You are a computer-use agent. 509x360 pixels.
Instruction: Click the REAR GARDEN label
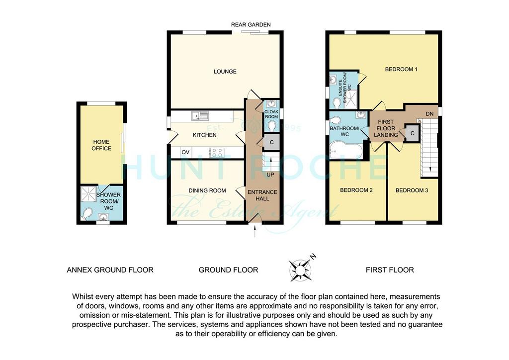tap(251, 25)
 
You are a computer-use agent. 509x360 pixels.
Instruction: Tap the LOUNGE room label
tap(225, 72)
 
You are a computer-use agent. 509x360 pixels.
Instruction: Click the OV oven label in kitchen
tap(185, 152)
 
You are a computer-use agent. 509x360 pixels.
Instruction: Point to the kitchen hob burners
tap(217, 152)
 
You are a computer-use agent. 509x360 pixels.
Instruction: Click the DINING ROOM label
tap(207, 190)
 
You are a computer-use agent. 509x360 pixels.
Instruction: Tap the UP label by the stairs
tap(270, 175)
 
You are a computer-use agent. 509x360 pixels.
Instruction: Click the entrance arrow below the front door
tap(254, 231)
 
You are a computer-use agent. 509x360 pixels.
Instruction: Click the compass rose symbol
tap(300, 270)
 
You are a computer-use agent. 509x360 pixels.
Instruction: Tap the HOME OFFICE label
tap(101, 145)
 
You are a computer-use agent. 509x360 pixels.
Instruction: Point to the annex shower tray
tap(88, 194)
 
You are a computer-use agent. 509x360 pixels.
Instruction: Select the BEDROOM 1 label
tap(401, 69)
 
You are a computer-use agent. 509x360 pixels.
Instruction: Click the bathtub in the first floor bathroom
tap(346, 150)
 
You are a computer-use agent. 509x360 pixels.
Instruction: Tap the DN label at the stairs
tap(429, 114)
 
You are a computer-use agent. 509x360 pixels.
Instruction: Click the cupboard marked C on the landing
tap(412, 133)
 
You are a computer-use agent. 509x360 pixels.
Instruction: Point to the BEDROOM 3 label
tap(412, 190)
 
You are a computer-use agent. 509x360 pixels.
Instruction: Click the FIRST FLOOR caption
tap(390, 270)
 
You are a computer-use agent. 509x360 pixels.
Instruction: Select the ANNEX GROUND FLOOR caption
tap(110, 270)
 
